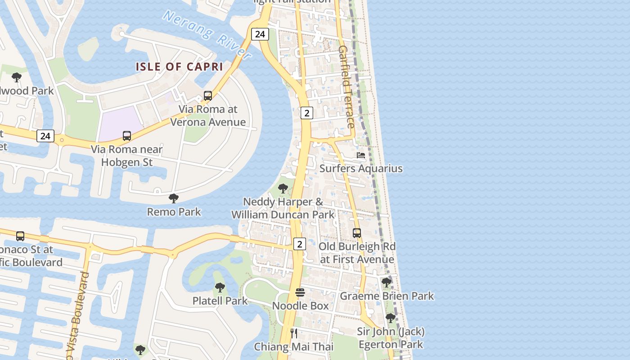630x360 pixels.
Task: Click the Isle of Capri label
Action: [180, 67]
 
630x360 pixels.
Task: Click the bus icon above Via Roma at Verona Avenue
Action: [207, 95]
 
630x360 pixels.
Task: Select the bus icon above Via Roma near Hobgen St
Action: [127, 135]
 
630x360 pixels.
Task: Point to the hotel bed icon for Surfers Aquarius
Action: [360, 155]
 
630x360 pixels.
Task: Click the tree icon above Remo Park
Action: [174, 198]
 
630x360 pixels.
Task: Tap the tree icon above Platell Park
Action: [220, 287]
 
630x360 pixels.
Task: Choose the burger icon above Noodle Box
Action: [300, 292]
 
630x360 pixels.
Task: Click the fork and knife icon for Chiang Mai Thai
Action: [294, 333]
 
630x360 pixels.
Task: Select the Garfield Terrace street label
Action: [346, 86]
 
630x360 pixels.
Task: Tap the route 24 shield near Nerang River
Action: [260, 34]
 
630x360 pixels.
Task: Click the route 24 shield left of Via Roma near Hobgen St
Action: [45, 135]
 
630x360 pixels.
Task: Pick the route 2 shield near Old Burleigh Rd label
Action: [299, 244]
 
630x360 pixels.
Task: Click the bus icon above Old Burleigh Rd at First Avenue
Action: [357, 233]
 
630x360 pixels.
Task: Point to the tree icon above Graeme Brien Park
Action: [386, 282]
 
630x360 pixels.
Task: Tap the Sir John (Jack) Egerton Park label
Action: [391, 338]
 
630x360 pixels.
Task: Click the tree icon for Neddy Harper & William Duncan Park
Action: [283, 188]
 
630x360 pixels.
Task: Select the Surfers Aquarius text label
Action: [361, 168]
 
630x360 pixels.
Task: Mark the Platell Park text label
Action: [220, 301]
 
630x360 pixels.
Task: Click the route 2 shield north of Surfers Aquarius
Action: [306, 113]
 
